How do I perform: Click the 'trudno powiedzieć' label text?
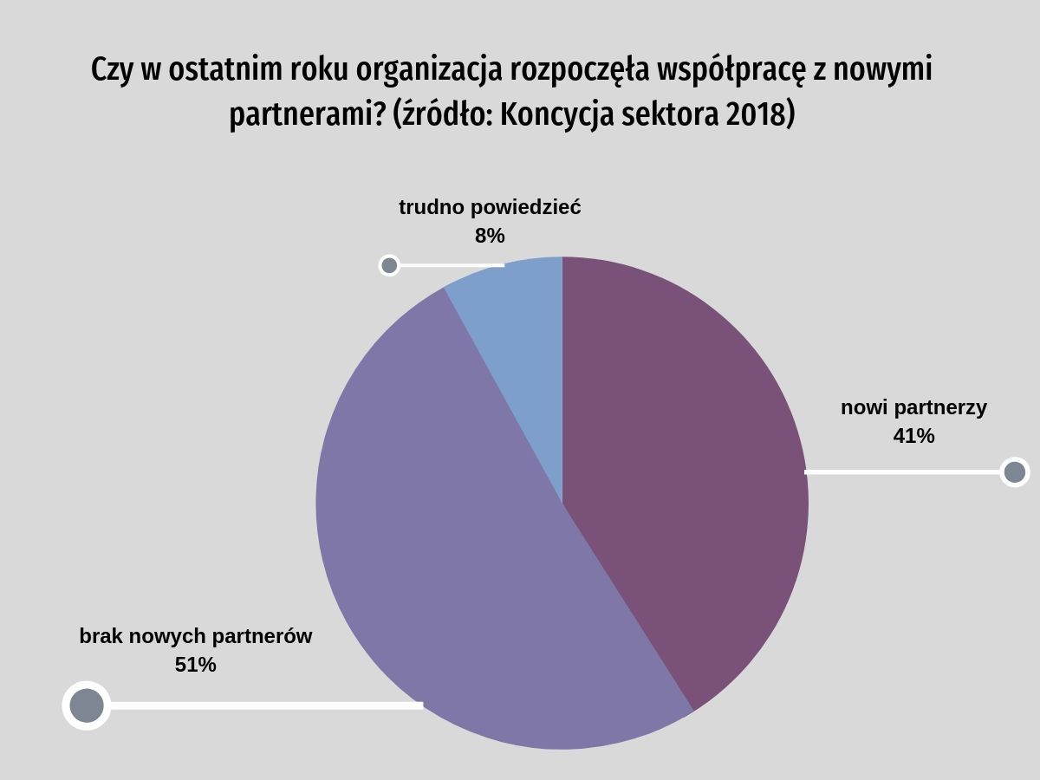pyautogui.click(x=490, y=208)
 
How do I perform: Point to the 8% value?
pyautogui.click(x=490, y=236)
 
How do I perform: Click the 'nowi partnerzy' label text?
pyautogui.click(x=913, y=407)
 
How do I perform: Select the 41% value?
pyautogui.click(x=913, y=436)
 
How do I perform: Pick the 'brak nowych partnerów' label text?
pyautogui.click(x=196, y=636)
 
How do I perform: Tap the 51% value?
pyautogui.click(x=196, y=665)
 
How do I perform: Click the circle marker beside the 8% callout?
pyautogui.click(x=389, y=265)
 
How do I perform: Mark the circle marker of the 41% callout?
pyautogui.click(x=1014, y=472)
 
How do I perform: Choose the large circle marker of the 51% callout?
pyautogui.click(x=87, y=705)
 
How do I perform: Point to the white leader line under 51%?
pyautogui.click(x=260, y=705)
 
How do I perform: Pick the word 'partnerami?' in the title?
pyautogui.click(x=307, y=115)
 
